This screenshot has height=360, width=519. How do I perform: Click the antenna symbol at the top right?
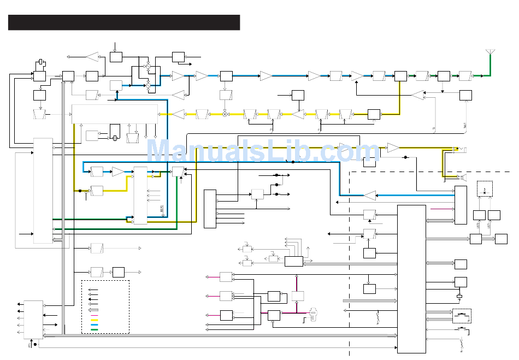(x=491, y=53)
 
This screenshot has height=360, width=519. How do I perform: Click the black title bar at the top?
(x=124, y=22)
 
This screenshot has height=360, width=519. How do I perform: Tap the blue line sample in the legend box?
(x=95, y=324)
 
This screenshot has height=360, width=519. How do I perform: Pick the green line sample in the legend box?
(x=95, y=330)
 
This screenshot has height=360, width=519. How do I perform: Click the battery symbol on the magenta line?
(x=314, y=315)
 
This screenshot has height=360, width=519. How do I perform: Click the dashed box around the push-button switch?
(x=462, y=316)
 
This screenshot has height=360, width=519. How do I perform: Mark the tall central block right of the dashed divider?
(x=411, y=279)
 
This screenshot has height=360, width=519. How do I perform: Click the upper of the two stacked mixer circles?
(x=148, y=66)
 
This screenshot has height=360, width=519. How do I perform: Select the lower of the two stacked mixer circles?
(x=148, y=85)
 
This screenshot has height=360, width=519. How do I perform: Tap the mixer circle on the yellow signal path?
(x=225, y=114)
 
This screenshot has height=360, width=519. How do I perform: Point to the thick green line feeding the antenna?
(x=483, y=72)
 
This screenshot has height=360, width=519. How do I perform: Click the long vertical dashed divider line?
(x=350, y=262)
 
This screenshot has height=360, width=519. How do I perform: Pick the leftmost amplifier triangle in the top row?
(x=92, y=56)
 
